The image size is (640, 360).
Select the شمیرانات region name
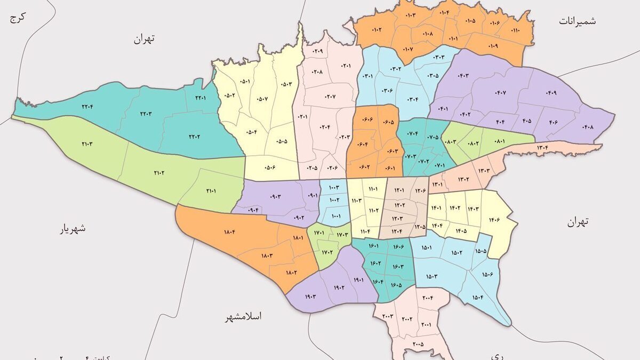pos(578,21)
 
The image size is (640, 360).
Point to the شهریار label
pos(73,229)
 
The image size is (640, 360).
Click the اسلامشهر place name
pos(243,317)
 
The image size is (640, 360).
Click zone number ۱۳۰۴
pos(543,148)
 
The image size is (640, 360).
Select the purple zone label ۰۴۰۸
pos(588,127)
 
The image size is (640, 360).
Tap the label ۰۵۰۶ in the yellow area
pos(269,167)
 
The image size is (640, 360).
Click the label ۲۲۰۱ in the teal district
pos(201,98)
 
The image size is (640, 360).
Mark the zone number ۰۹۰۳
pos(275,197)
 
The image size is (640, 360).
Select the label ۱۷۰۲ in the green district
pos(327,252)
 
